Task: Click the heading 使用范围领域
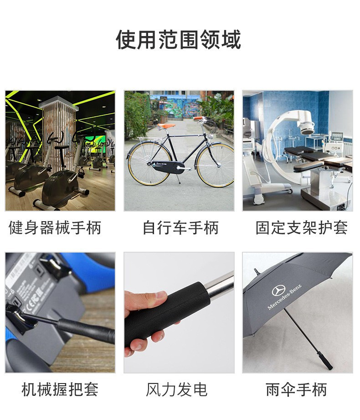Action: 178,40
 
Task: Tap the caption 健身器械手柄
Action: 55,228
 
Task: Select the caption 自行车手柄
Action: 180,228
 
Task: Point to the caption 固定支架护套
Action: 302,228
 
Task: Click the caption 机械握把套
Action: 60,390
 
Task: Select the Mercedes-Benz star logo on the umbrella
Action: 278,291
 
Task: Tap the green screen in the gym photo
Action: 95,145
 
